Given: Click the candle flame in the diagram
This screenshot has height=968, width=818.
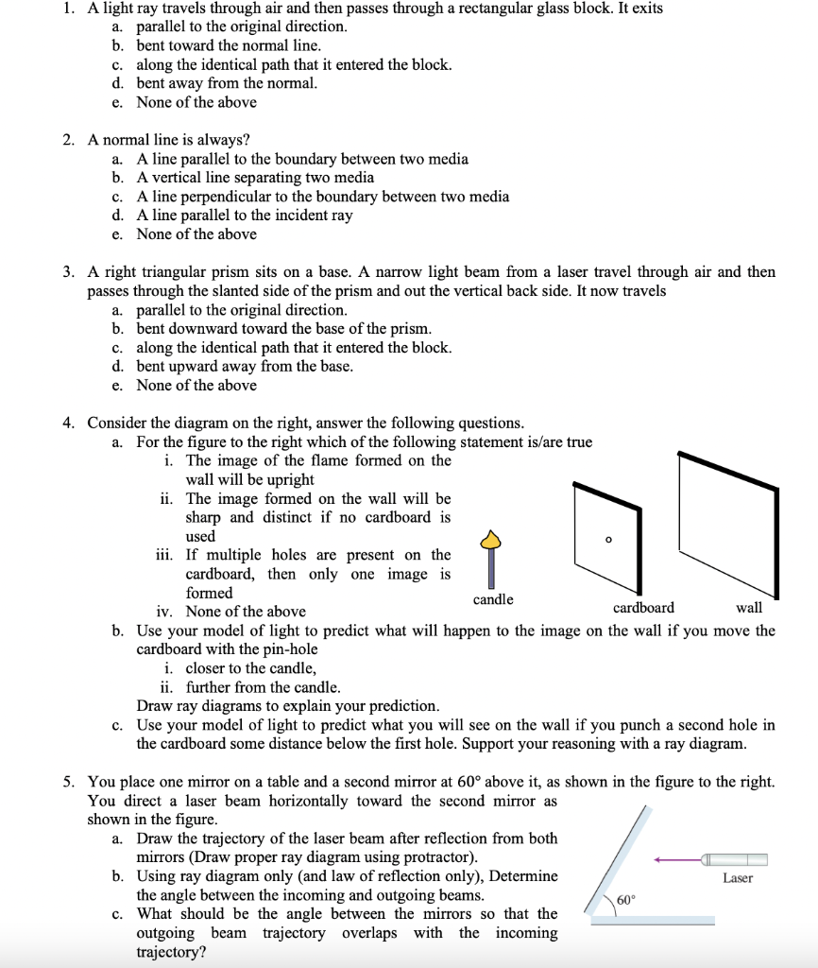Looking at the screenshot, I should (489, 540).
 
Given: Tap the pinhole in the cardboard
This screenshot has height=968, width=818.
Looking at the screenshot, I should (608, 540).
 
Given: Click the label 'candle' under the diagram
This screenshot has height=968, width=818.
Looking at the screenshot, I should (493, 599).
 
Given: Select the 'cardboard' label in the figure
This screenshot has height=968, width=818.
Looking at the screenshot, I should (643, 607).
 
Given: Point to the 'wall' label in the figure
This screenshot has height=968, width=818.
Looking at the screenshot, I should (748, 607).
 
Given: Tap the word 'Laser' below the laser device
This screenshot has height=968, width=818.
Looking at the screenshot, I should (738, 878).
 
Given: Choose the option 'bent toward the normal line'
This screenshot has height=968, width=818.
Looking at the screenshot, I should (229, 45).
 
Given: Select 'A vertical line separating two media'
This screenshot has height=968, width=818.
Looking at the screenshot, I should (255, 178).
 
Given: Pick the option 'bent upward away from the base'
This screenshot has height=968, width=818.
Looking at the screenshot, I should (245, 366).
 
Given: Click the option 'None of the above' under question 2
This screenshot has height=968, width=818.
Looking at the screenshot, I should (196, 234).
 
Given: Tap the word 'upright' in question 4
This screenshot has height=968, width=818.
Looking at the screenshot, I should (288, 479).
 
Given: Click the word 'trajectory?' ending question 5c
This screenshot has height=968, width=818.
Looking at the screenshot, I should (171, 952).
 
